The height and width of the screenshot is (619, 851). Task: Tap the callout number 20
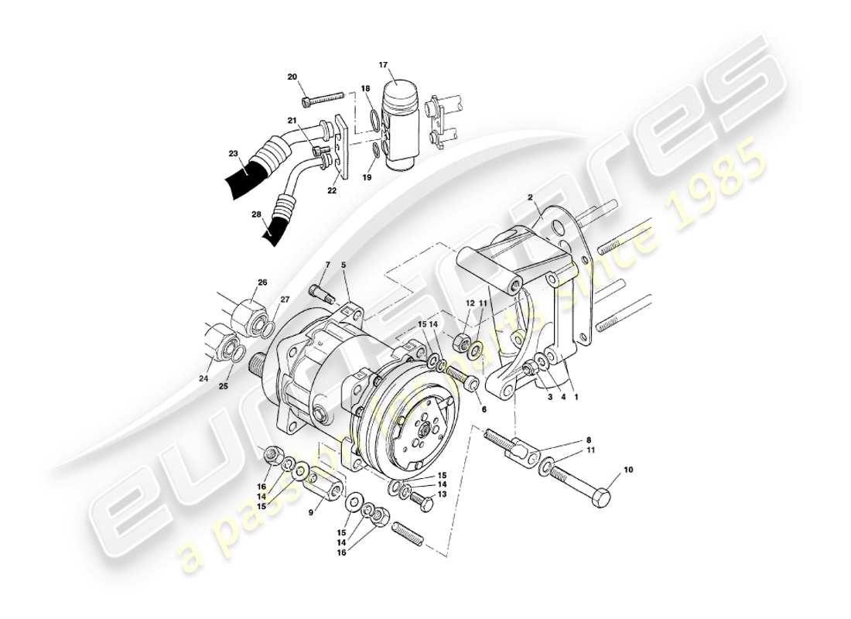[x=292, y=77]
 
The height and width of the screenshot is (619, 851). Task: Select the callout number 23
[x=233, y=154]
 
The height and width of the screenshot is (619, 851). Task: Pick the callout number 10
[x=627, y=470]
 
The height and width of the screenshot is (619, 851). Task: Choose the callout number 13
[x=442, y=494]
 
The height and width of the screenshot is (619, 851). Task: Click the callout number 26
[x=262, y=282]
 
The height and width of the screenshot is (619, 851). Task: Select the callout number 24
[x=203, y=378]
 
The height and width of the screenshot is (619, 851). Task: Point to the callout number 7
[x=327, y=265]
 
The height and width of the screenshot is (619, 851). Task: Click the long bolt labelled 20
[x=325, y=99]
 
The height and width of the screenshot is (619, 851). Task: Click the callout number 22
[x=333, y=190]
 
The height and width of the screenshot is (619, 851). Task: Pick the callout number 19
[x=367, y=177]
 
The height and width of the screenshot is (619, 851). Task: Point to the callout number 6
[x=484, y=409]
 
